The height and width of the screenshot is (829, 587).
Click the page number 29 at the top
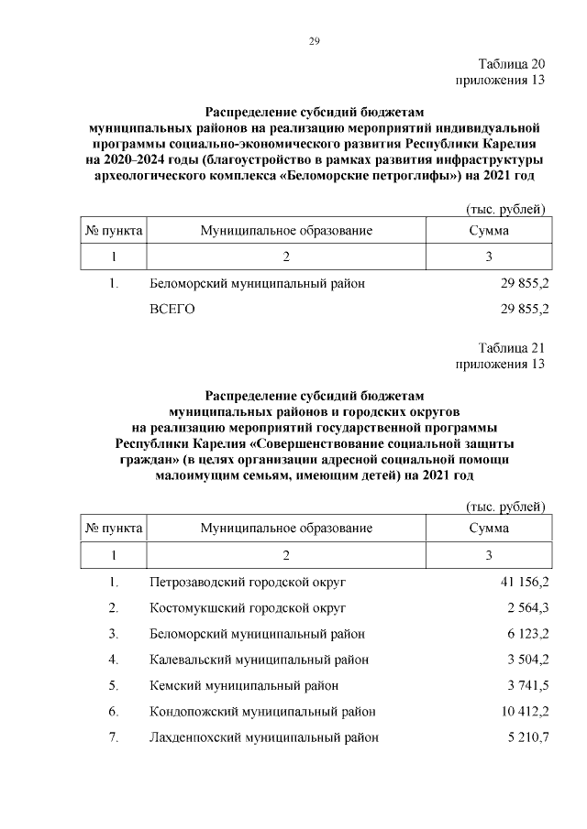click(313, 41)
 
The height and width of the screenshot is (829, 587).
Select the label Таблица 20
click(512, 64)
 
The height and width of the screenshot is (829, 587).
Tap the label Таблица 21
click(512, 348)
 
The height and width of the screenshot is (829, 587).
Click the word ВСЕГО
click(172, 310)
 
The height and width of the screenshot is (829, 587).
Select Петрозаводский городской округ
click(247, 582)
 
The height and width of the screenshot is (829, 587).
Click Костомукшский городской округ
click(247, 607)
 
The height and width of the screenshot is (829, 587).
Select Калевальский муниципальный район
click(260, 660)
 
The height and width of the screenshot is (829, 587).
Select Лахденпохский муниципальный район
click(264, 737)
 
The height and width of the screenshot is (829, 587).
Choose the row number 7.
click(114, 737)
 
